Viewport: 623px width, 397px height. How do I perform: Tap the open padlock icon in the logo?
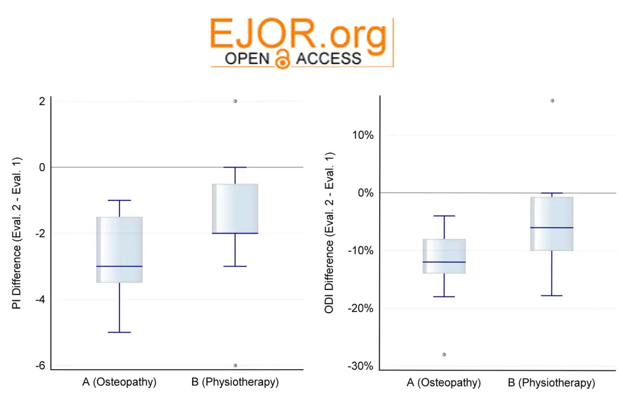coord(282,59)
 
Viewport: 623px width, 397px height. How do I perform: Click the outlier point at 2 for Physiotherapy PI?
coord(235,101)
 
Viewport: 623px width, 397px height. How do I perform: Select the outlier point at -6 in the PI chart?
coord(235,365)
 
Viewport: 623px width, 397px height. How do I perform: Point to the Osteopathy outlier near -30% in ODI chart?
coord(444,354)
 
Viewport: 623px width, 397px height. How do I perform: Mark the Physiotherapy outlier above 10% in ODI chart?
coord(552,101)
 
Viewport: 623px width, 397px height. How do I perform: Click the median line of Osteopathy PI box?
coord(119,266)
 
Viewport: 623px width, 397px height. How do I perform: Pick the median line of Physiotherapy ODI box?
coord(552,228)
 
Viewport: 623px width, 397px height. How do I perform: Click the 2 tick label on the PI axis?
coord(42,101)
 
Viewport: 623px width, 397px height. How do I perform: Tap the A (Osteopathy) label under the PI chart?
coord(119,381)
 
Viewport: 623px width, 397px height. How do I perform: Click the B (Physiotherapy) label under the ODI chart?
coord(552,383)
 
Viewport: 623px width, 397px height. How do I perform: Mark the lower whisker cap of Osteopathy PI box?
coord(119,332)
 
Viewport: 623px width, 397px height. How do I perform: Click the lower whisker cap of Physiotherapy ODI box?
coord(552,295)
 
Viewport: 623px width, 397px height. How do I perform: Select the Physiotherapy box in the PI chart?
coord(235,208)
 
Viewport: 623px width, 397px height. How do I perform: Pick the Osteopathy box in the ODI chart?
coord(444,256)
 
